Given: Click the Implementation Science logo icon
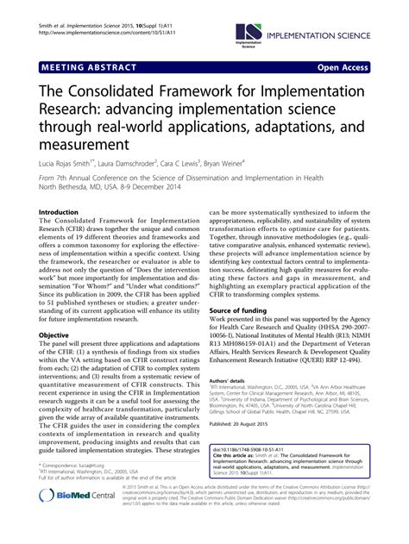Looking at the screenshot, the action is click(251, 32).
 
